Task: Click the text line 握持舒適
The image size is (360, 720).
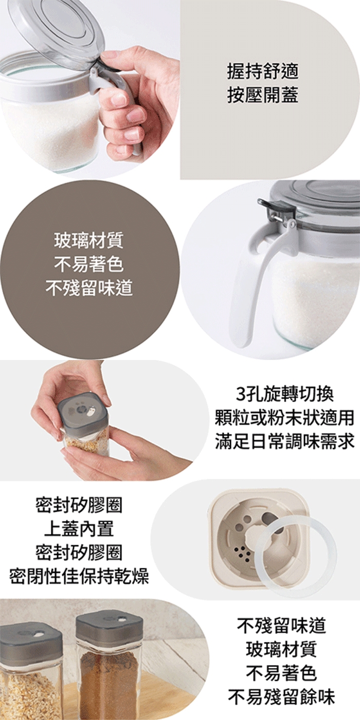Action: coord(263,72)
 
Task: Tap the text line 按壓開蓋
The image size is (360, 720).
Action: coord(263,96)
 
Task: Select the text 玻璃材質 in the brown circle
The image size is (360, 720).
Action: coord(89,241)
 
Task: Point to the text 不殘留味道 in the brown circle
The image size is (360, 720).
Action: coord(89,287)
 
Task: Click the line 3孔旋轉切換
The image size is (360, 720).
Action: coord(285,394)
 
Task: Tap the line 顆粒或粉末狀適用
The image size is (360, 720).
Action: coord(285,418)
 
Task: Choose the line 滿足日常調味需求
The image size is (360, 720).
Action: coord(285,441)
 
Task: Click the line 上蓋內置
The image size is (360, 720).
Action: coord(79,529)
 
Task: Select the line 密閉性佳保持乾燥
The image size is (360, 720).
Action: coord(79,576)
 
